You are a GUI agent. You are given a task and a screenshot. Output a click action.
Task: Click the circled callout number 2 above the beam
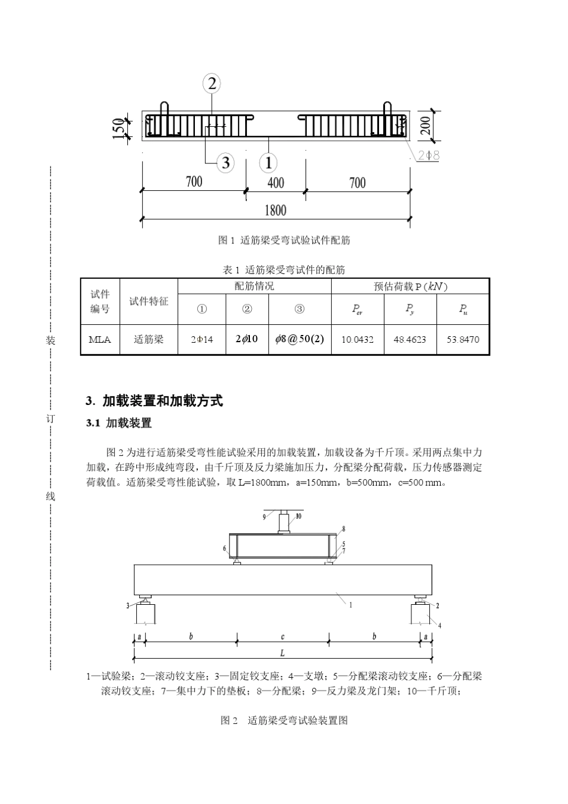click(212, 83)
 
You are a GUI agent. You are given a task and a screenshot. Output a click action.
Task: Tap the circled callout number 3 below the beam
click(225, 162)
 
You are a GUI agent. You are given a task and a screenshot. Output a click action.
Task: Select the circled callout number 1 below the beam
click(268, 162)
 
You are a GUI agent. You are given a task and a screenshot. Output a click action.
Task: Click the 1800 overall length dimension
click(275, 210)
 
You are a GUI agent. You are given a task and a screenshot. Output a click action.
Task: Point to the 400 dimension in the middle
click(276, 182)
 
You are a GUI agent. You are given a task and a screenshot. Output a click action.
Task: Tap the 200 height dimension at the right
click(425, 124)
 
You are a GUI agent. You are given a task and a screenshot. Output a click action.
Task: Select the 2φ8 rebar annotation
click(429, 155)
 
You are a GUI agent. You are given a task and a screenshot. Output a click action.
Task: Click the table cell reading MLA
click(100, 339)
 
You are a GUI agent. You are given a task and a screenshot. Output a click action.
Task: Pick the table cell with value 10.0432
click(358, 339)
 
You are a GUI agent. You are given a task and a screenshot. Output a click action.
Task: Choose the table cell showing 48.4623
click(410, 339)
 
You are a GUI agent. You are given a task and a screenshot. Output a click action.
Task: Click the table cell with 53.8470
click(463, 339)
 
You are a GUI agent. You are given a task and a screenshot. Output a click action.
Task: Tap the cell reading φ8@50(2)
click(300, 339)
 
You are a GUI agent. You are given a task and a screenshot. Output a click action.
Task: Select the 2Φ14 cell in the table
click(202, 339)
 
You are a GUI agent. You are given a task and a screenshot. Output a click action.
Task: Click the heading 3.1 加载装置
click(119, 424)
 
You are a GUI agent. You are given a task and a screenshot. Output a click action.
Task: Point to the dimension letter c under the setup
click(283, 636)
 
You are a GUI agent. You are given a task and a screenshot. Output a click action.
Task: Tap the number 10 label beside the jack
click(298, 516)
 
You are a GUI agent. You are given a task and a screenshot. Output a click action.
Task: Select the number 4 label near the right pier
click(440, 626)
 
